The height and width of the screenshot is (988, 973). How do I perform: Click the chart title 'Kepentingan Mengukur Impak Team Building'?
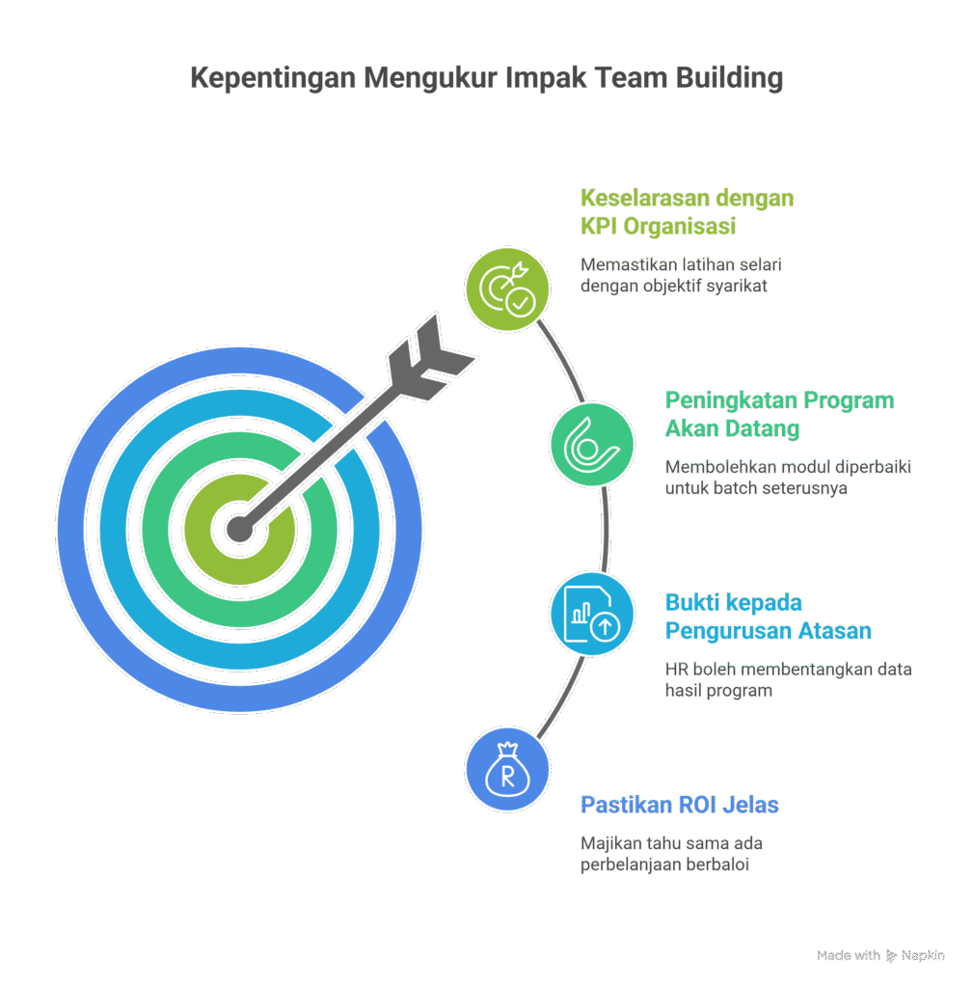tap(486, 78)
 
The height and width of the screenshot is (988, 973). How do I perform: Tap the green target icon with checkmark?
tap(507, 287)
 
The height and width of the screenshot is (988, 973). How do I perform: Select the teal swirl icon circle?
tap(592, 444)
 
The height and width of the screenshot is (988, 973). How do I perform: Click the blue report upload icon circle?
tap(592, 616)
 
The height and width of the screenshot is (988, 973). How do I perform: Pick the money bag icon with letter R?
tap(507, 771)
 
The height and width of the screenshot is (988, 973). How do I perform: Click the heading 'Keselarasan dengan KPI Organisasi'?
tap(687, 212)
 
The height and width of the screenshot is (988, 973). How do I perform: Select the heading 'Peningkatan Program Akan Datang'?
tap(779, 414)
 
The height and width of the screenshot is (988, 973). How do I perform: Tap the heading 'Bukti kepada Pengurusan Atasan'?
tap(768, 617)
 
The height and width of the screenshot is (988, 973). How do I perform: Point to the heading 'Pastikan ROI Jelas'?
tap(679, 804)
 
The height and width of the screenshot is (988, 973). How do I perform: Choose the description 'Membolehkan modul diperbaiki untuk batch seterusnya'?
tap(788, 478)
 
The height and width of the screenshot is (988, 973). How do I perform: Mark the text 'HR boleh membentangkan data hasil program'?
tap(788, 679)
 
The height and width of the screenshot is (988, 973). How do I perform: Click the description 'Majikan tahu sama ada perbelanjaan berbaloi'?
tap(671, 854)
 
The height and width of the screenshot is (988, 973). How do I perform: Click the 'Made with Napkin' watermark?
tap(880, 955)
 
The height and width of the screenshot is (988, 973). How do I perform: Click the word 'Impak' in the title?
tap(544, 78)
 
